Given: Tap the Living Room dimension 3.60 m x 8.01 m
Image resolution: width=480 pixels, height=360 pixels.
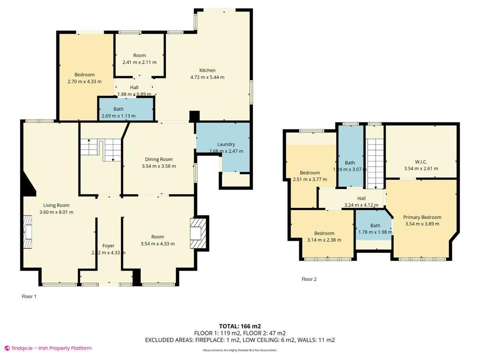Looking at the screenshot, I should tap(56, 212).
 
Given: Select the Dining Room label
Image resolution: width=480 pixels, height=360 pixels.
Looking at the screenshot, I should tap(158, 159).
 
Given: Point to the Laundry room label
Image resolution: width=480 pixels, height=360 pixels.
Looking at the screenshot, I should tap(226, 144).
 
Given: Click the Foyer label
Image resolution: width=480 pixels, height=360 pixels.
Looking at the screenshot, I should tap(108, 246).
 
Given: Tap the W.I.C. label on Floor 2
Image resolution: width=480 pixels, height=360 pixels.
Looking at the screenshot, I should tap(421, 162).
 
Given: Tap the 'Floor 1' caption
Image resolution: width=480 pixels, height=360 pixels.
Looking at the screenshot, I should tap(29, 296).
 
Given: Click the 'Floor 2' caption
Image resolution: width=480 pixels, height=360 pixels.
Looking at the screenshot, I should tap(309, 279).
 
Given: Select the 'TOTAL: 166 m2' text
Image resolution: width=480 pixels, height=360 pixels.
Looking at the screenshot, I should tap(240, 326).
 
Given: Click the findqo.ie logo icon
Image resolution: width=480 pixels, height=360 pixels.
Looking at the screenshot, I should tap(7, 348).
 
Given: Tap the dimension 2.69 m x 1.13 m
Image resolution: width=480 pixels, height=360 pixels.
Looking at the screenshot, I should tap(118, 116).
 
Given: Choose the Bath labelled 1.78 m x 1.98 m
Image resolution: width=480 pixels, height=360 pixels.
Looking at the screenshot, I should tap(375, 226).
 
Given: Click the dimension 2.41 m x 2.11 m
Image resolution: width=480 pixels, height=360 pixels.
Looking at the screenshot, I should tap(139, 62).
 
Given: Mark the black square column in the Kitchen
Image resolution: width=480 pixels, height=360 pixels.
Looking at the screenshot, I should tap(194, 116).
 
